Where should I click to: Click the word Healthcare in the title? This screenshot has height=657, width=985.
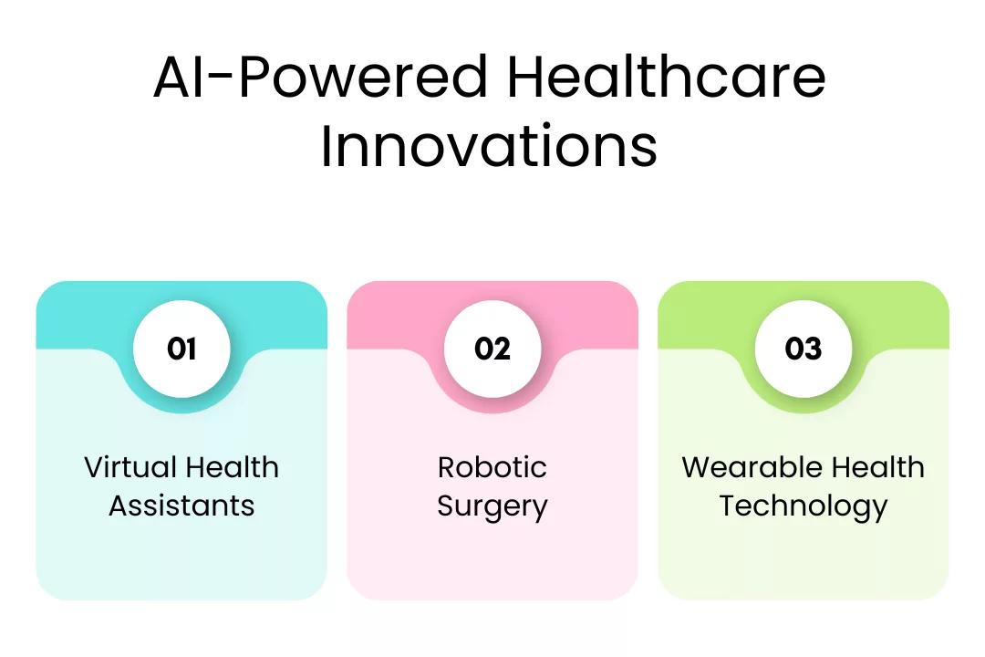(x=666, y=77)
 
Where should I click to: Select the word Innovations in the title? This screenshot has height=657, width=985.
(x=489, y=146)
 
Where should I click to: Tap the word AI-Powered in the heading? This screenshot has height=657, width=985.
(x=321, y=77)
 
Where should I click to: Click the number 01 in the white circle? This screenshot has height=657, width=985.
(x=181, y=349)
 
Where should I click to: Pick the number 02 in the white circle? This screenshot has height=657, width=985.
(x=493, y=349)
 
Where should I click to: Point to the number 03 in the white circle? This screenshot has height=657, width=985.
(x=804, y=349)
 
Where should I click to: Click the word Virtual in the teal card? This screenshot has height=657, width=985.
(x=130, y=467)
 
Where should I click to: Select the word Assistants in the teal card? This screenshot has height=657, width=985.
(x=181, y=506)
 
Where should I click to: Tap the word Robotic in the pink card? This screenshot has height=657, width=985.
(x=493, y=467)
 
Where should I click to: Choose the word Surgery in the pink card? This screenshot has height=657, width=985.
(x=493, y=506)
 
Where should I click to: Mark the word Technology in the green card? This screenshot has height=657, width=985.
(x=804, y=506)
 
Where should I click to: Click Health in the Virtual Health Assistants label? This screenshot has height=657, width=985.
(x=232, y=467)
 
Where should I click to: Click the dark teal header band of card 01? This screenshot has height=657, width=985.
(x=76, y=314)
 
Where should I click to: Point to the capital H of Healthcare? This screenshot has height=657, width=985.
(x=526, y=77)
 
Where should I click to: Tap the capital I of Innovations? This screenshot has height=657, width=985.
(x=326, y=146)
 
